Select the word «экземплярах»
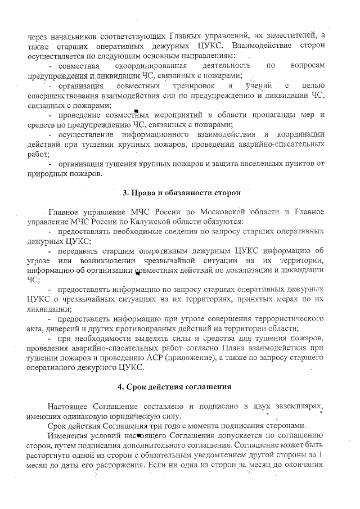tap(294, 407)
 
